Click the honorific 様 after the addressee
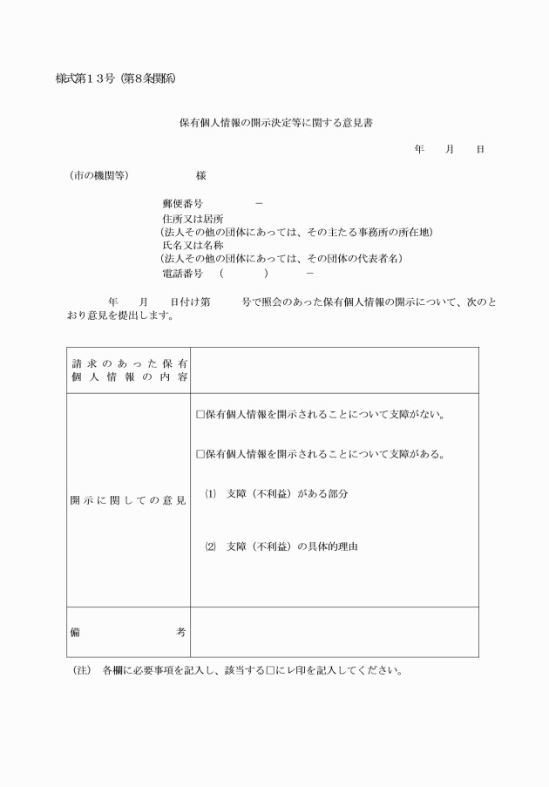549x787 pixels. [201, 175]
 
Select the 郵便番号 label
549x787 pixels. [182, 203]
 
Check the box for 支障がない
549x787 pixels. [200, 415]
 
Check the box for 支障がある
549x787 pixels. [200, 454]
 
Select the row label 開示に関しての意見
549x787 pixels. [127, 501]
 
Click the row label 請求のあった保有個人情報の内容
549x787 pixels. [127, 370]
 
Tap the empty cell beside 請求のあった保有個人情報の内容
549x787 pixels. [334, 370]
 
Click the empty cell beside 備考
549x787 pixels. [334, 632]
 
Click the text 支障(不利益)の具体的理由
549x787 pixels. [292, 546]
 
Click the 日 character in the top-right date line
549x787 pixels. [479, 150]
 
